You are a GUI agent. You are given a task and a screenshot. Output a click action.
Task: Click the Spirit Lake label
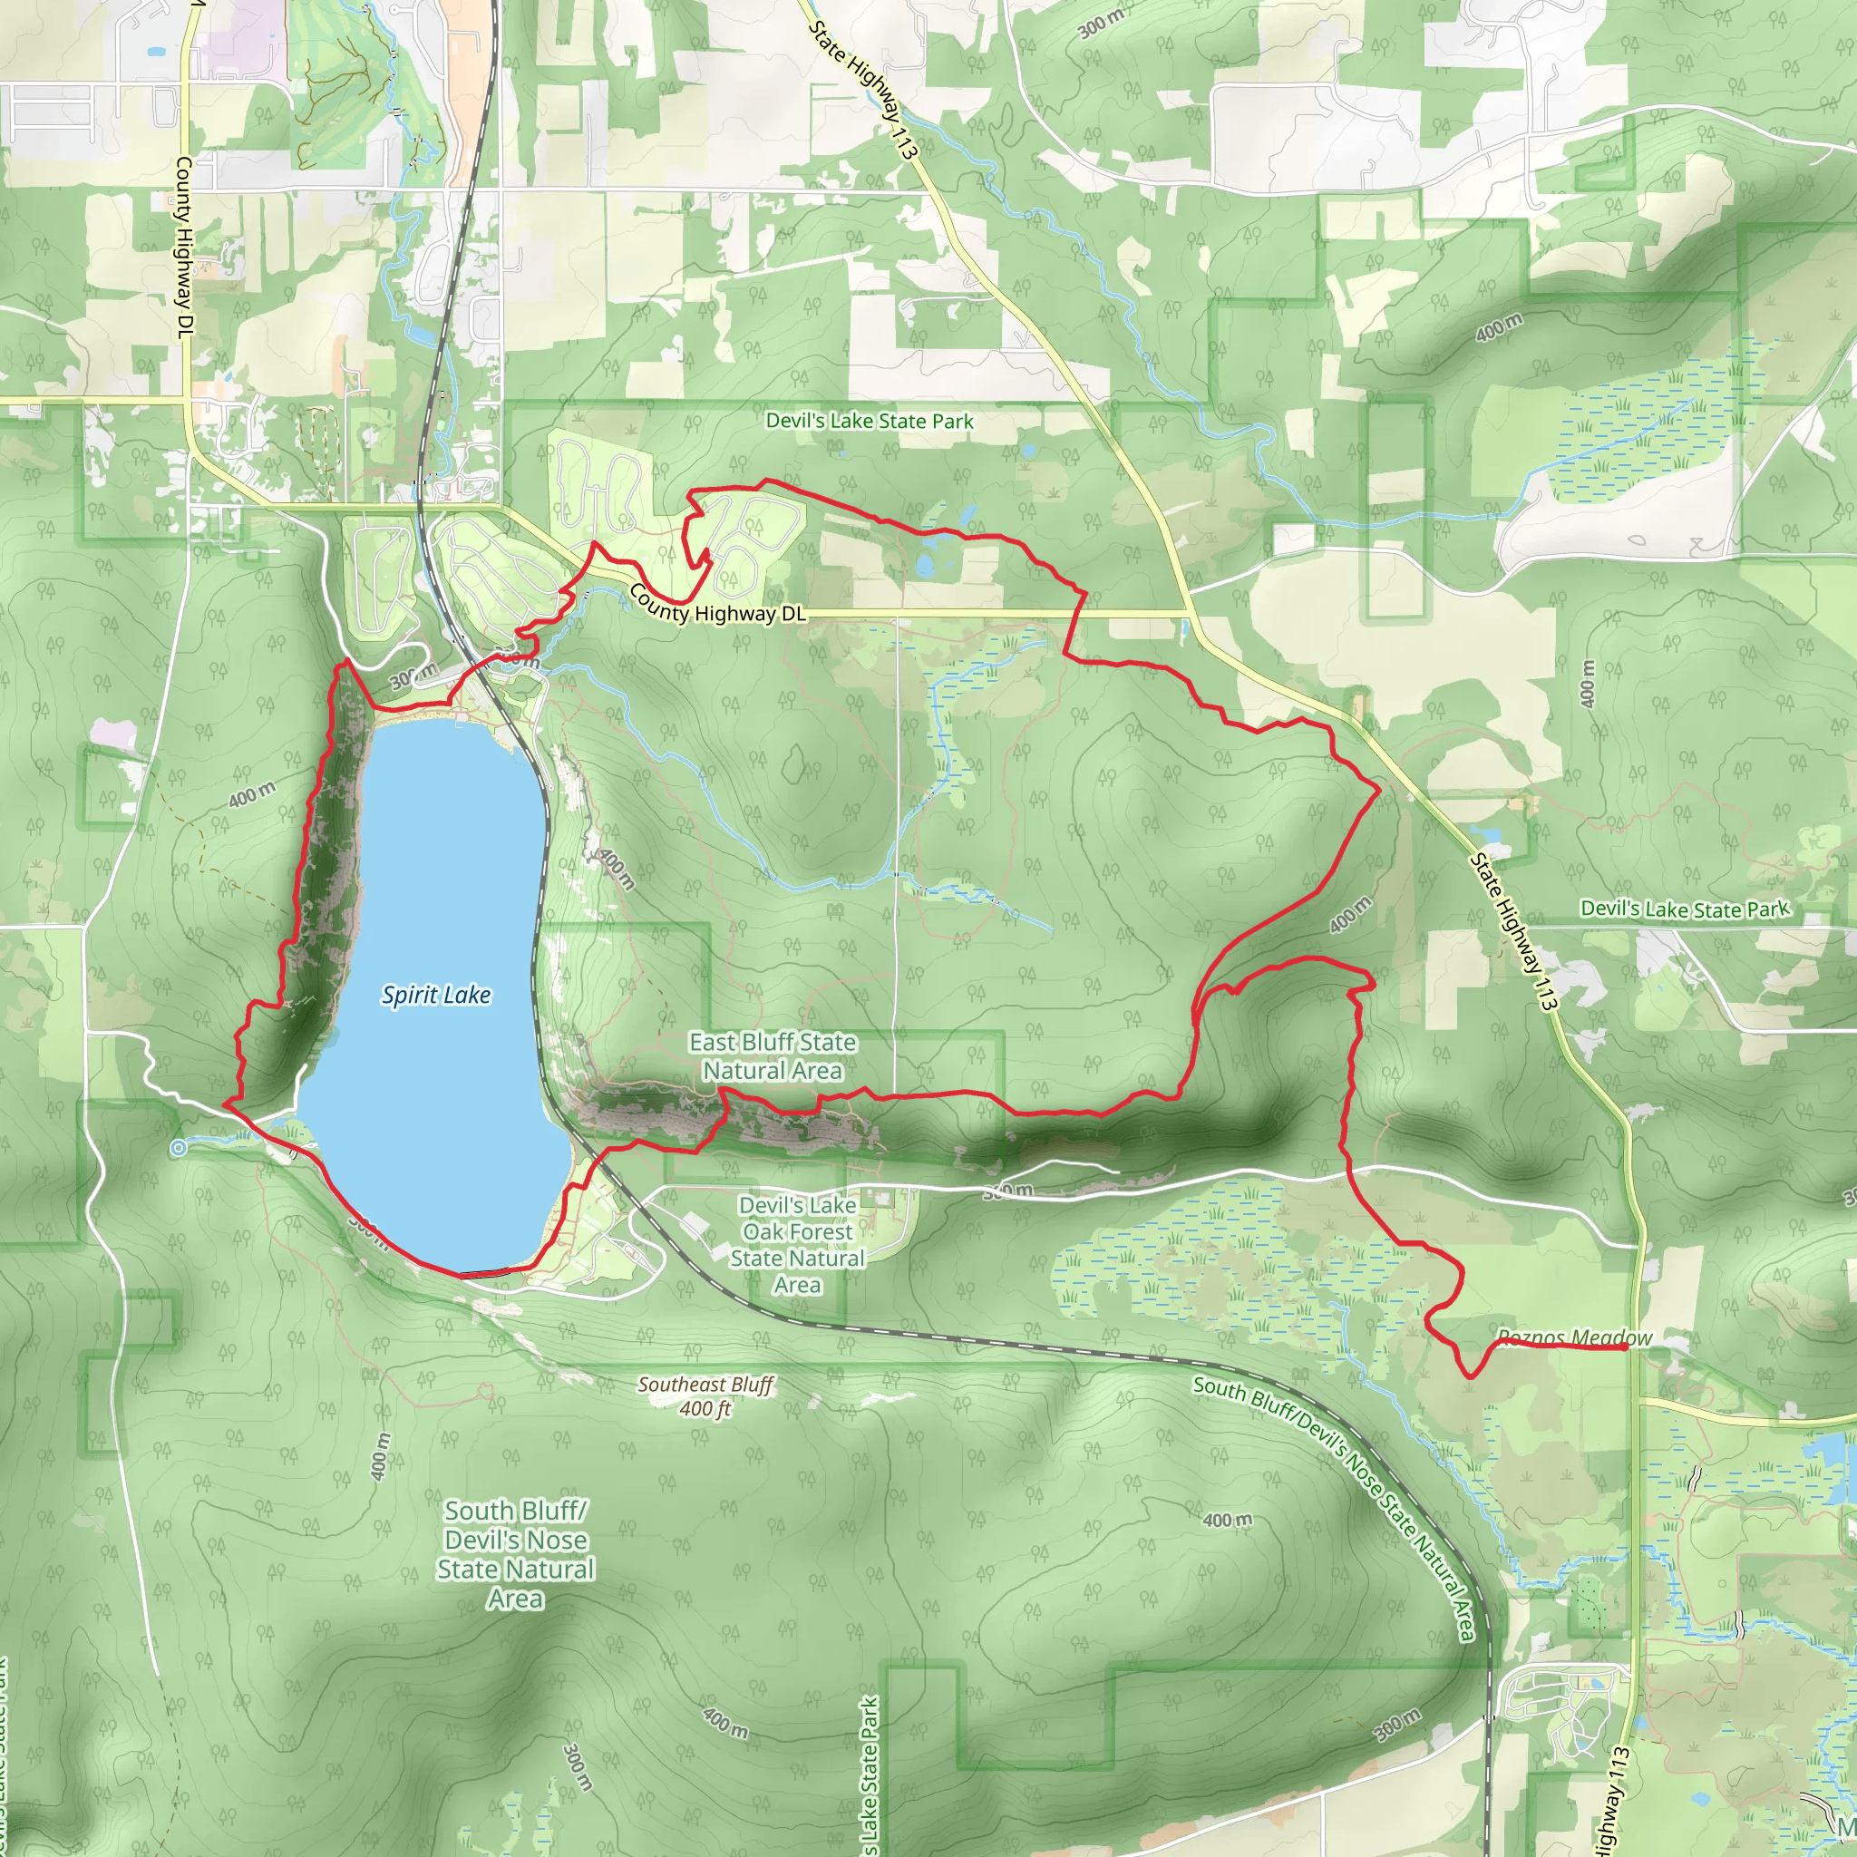coord(436,995)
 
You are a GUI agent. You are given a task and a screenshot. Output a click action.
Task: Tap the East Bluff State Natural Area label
coord(773,1056)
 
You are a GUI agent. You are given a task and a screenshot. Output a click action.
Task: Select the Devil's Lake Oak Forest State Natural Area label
coord(798,1245)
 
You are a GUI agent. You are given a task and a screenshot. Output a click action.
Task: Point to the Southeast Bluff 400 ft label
coord(705,1396)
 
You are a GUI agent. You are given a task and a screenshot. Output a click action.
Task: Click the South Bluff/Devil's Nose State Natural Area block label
coord(516,1554)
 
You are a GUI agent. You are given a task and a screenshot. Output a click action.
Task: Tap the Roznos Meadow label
coord(1574,1338)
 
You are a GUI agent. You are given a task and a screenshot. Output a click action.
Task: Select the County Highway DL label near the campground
coord(716,603)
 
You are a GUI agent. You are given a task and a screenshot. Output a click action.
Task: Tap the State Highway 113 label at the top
coord(863,89)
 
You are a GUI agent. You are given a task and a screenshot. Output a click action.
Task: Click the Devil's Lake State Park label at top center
coord(869,421)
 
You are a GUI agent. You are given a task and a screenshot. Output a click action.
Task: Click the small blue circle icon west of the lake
coord(178,1148)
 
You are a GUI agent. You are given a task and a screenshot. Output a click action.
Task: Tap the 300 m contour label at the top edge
coord(1101,23)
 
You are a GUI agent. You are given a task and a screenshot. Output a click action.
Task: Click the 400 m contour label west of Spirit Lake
coord(252,795)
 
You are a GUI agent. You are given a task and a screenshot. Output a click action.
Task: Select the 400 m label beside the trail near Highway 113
coord(1350,915)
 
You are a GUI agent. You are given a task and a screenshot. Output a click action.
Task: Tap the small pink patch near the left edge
coord(113,735)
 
